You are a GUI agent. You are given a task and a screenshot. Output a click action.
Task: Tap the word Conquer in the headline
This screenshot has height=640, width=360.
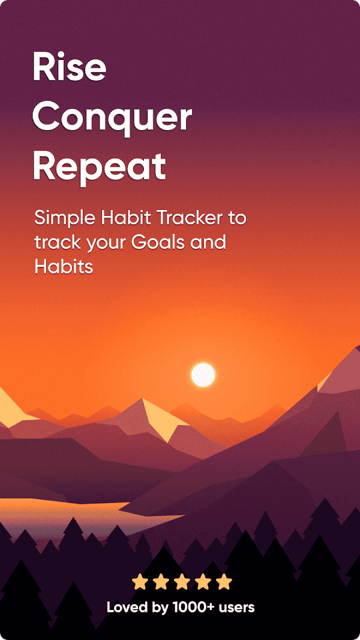[112, 118]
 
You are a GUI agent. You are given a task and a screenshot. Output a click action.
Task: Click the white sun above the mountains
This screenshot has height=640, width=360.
[203, 375]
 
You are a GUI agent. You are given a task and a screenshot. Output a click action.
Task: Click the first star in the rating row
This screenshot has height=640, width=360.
[140, 581]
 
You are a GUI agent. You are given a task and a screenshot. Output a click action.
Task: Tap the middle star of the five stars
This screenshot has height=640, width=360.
[182, 581]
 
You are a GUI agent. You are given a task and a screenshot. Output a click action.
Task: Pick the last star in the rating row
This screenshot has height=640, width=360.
[224, 581]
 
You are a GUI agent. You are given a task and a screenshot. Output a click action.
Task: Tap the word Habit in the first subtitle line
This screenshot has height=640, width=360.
[124, 218]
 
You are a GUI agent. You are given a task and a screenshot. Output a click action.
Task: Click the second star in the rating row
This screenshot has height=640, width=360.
[161, 581]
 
